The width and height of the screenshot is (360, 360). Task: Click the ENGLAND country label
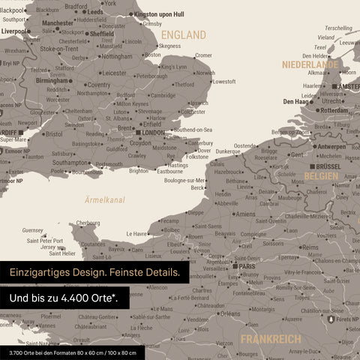coord(184,35)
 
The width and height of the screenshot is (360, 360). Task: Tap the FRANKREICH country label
coord(271,339)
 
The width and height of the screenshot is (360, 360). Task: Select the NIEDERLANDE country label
coord(309,65)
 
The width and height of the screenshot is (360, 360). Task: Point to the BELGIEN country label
coord(320,175)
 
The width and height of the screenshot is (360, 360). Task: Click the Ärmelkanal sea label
coord(105,199)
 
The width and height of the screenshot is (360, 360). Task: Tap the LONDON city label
coord(152,133)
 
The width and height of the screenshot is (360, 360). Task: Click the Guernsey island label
coord(33,230)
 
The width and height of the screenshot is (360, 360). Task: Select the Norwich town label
coord(204,73)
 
